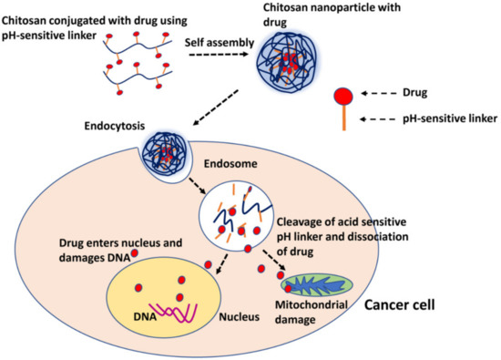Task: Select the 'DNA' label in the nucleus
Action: (147, 316)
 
